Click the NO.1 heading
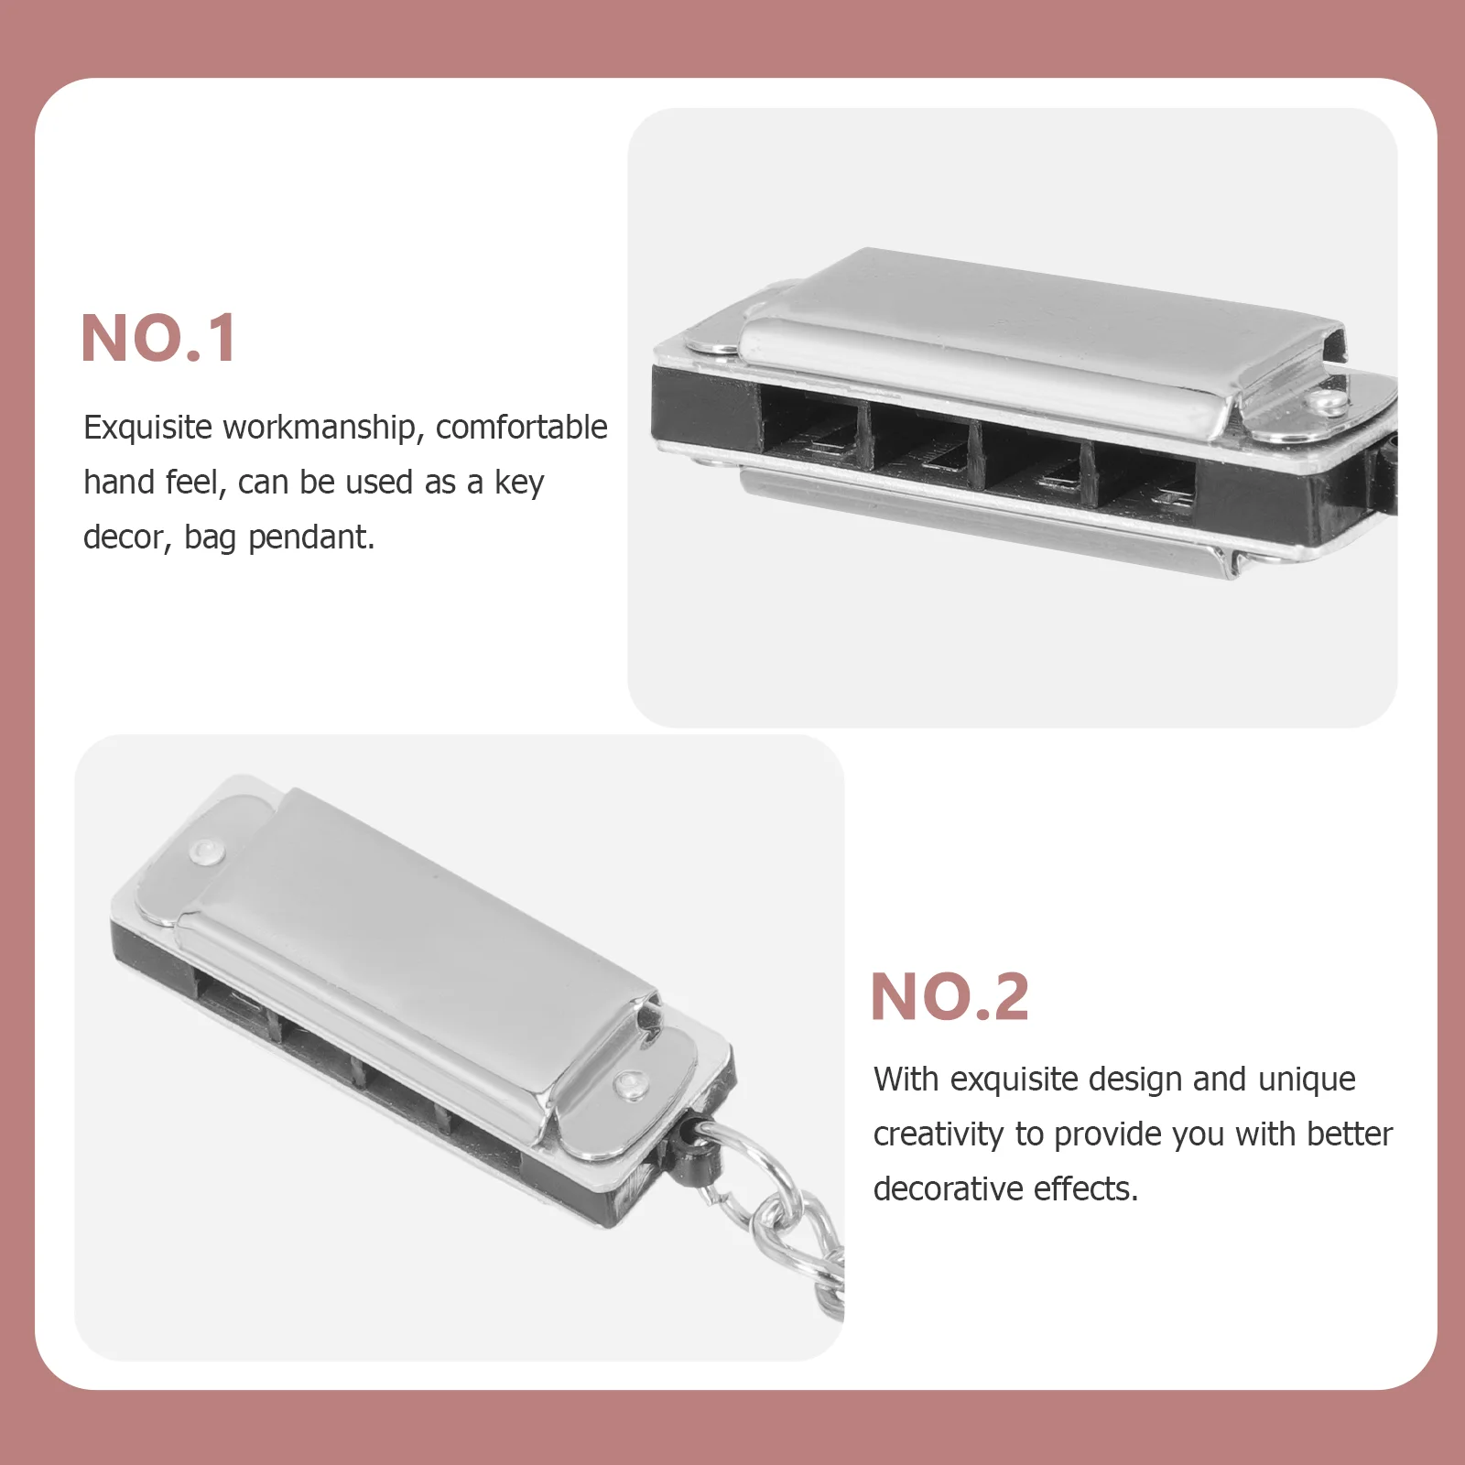click(x=159, y=338)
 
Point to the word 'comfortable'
click(x=522, y=428)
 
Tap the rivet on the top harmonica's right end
click(x=1324, y=401)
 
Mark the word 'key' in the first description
click(x=519, y=483)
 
